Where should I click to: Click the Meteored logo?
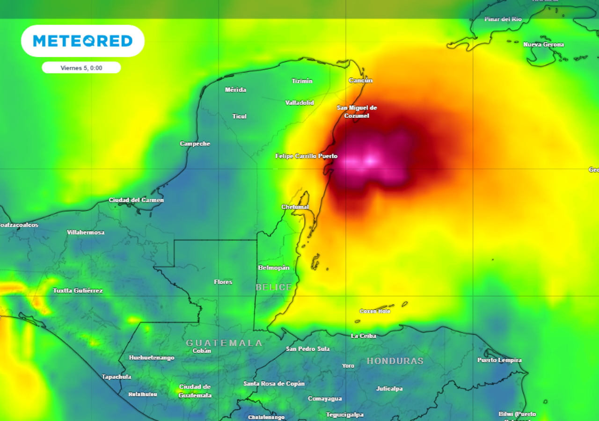click(83, 41)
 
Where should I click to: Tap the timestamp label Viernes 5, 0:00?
click(81, 68)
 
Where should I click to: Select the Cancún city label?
click(361, 80)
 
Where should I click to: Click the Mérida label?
click(235, 90)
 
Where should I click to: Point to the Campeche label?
click(195, 144)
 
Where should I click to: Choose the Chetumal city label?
click(295, 207)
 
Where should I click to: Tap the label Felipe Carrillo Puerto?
click(307, 156)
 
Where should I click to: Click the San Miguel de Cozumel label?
click(357, 112)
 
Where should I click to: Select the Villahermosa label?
click(86, 232)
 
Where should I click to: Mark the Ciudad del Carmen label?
click(136, 200)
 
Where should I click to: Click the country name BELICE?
click(274, 287)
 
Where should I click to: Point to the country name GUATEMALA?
click(225, 343)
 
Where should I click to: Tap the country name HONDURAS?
click(395, 361)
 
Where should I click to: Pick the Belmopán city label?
click(274, 268)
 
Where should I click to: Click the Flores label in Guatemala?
click(223, 282)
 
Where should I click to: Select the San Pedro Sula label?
click(308, 349)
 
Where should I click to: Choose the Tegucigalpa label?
click(345, 414)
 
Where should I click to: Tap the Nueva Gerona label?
click(543, 44)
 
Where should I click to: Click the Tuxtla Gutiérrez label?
click(78, 290)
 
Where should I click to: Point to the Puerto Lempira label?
click(499, 360)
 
